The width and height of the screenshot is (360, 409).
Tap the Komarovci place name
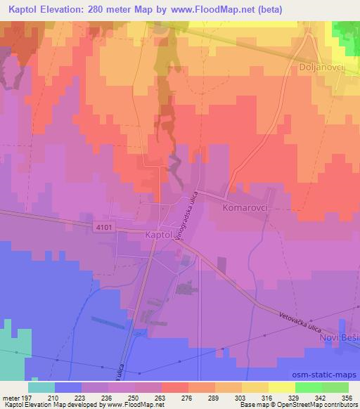tap(247, 209)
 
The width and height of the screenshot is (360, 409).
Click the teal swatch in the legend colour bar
tap(41, 387)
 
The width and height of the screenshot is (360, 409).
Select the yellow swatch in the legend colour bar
tap(282, 387)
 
